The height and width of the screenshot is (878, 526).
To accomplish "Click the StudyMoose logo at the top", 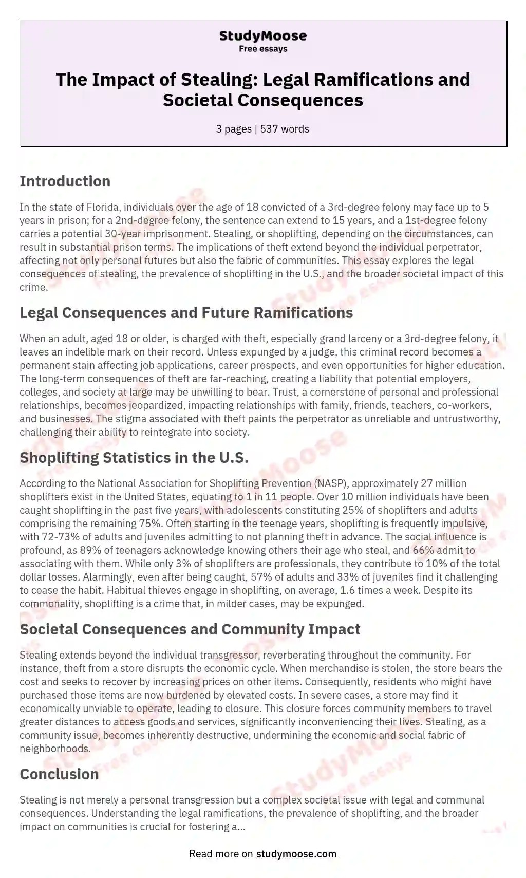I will tap(262, 36).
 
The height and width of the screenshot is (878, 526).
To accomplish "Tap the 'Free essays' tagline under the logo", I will tap(262, 49).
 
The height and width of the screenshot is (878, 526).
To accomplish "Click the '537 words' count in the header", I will tap(285, 129).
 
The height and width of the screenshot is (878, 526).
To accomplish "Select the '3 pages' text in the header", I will tap(234, 129).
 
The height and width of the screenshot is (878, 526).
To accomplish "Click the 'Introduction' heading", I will tap(65, 181).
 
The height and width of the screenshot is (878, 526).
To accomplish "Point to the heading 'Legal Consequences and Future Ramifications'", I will tap(186, 313).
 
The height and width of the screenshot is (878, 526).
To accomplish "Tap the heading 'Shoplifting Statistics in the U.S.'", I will tap(134, 458).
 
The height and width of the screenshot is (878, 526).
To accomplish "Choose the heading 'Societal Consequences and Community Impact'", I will tap(190, 629).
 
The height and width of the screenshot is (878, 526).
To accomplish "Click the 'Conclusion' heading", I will tap(59, 774).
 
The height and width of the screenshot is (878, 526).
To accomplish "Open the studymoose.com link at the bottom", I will tap(296, 854).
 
